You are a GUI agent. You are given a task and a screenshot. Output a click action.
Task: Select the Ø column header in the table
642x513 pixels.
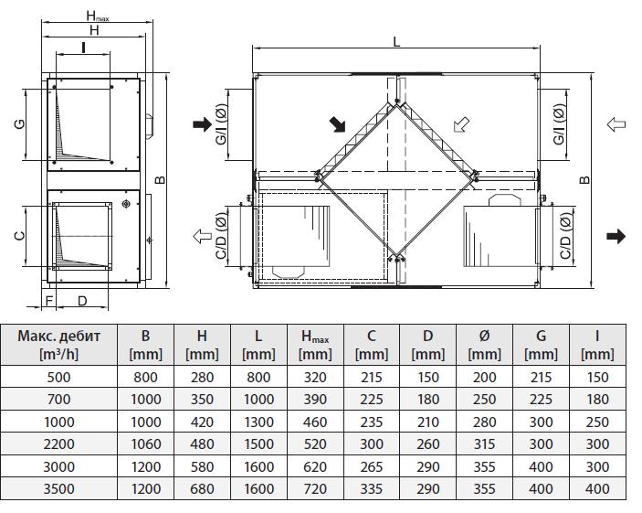484,344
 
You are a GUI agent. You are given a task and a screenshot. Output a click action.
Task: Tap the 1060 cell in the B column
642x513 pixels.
145,444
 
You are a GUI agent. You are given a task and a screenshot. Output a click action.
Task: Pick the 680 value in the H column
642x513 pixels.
201,488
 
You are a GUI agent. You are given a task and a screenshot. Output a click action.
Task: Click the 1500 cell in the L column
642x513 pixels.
258,444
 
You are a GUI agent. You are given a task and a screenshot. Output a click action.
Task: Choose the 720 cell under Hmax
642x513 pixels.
315,488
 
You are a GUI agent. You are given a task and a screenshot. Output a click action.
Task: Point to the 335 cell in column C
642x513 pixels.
371,488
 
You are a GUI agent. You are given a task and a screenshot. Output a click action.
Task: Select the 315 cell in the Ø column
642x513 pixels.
484,444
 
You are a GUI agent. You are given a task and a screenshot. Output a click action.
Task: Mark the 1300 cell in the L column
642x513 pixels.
258,422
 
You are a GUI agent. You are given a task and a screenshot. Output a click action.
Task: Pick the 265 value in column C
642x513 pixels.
371,466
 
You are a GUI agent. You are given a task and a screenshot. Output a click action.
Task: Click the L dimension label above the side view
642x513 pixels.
395,41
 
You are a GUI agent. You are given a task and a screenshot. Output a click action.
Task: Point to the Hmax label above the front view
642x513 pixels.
97,16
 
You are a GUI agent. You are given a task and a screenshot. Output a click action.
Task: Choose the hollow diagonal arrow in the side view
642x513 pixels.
463,123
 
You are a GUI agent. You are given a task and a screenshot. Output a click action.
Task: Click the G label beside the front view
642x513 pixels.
20,123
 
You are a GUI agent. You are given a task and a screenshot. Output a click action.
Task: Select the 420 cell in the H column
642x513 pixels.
201,422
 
